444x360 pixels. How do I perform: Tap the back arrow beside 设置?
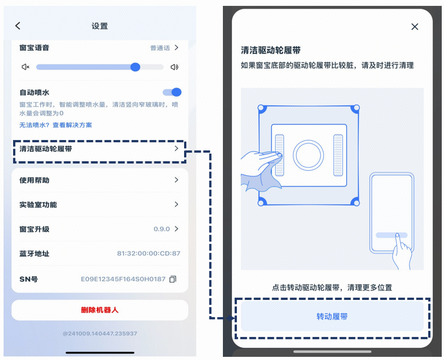[x=18, y=26]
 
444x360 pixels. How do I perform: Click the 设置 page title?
[x=100, y=26]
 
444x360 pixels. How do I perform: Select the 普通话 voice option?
[x=160, y=48]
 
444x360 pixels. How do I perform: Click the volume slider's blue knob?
[x=135, y=67]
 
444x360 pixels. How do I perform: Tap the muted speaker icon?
[x=26, y=67]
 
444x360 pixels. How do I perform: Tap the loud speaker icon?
[x=175, y=67]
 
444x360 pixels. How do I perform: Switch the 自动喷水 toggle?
[x=172, y=92]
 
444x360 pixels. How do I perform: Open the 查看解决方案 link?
[x=72, y=125]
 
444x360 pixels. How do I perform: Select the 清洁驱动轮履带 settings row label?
[x=46, y=149]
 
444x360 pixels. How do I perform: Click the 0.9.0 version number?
[x=162, y=229]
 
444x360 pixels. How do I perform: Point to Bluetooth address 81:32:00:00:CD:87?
[x=148, y=253]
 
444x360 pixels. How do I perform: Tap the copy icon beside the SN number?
[x=172, y=280]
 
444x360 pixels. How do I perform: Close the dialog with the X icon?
[x=415, y=27]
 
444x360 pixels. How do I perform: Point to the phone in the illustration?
[x=391, y=213]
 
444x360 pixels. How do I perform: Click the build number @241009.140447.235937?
[x=100, y=333]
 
